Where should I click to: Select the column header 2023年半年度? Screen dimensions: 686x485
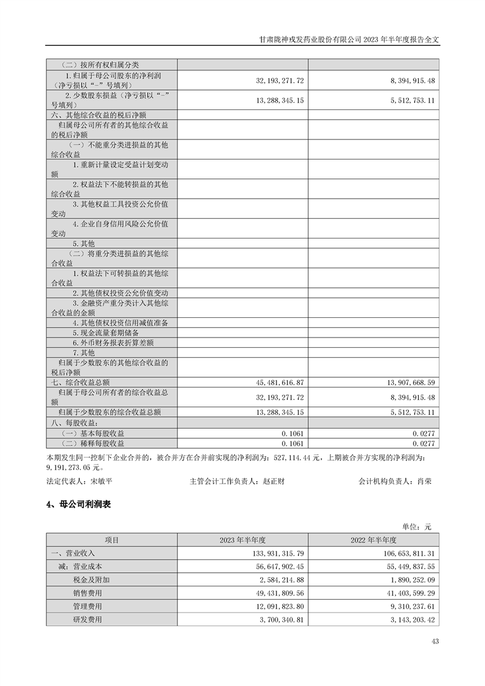click(x=242, y=540)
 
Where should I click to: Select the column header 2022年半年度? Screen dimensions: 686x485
click(x=373, y=540)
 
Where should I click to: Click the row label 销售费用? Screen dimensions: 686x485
click(x=87, y=592)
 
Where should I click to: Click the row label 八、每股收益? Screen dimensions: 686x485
click(x=74, y=422)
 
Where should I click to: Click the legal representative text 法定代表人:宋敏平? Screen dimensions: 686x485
click(x=79, y=481)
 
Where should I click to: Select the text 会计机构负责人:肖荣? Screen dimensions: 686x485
click(x=395, y=481)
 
